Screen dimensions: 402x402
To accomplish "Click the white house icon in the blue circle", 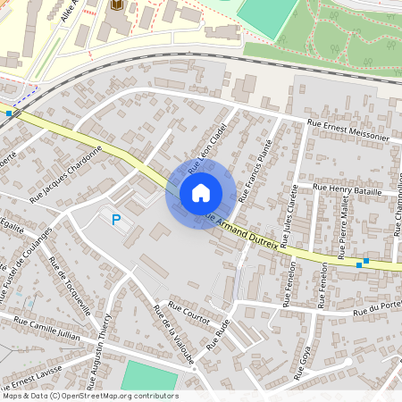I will coord(201,192).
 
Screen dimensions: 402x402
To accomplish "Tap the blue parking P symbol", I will coord(115,219).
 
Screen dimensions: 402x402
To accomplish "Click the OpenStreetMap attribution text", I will coord(89,396).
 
